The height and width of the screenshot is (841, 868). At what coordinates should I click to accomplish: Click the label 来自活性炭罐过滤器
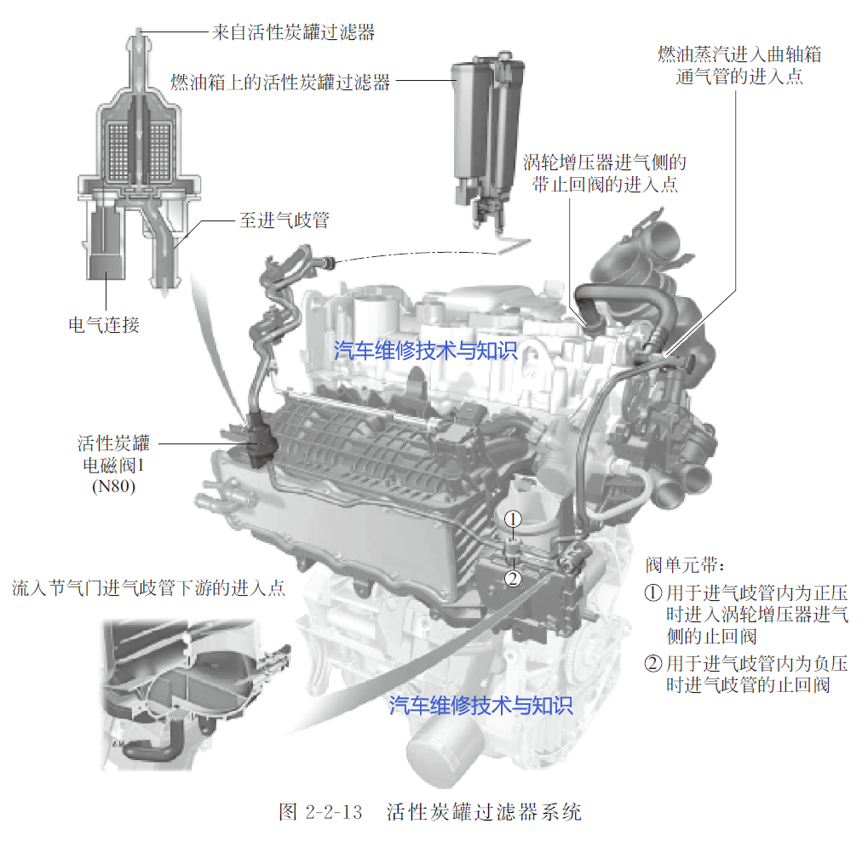293,32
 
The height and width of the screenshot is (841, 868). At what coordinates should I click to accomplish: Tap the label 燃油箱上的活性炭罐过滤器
280,82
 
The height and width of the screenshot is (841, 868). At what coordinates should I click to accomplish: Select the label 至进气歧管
284,220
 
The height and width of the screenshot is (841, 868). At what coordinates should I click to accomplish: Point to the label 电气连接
104,325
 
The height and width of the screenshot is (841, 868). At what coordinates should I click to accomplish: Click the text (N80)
113,486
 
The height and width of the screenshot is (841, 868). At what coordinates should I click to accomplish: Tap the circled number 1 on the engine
513,519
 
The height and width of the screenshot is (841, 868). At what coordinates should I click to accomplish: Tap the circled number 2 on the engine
513,578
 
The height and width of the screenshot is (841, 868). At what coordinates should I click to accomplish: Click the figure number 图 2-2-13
320,812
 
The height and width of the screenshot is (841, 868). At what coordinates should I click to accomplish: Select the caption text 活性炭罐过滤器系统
484,812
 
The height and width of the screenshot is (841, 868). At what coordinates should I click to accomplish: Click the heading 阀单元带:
685,565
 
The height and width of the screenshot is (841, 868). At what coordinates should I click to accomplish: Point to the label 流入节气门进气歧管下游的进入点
148,587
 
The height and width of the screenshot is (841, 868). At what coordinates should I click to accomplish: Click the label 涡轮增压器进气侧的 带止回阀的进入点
605,173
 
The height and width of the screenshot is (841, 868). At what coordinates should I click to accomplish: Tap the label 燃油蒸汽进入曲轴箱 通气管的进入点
739,66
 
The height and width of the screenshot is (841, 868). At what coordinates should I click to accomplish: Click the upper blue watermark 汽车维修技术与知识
425,350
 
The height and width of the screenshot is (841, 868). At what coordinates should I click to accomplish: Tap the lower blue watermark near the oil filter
480,705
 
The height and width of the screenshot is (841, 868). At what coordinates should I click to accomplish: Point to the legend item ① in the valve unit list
746,615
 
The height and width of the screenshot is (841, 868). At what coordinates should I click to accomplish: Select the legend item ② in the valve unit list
746,674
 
